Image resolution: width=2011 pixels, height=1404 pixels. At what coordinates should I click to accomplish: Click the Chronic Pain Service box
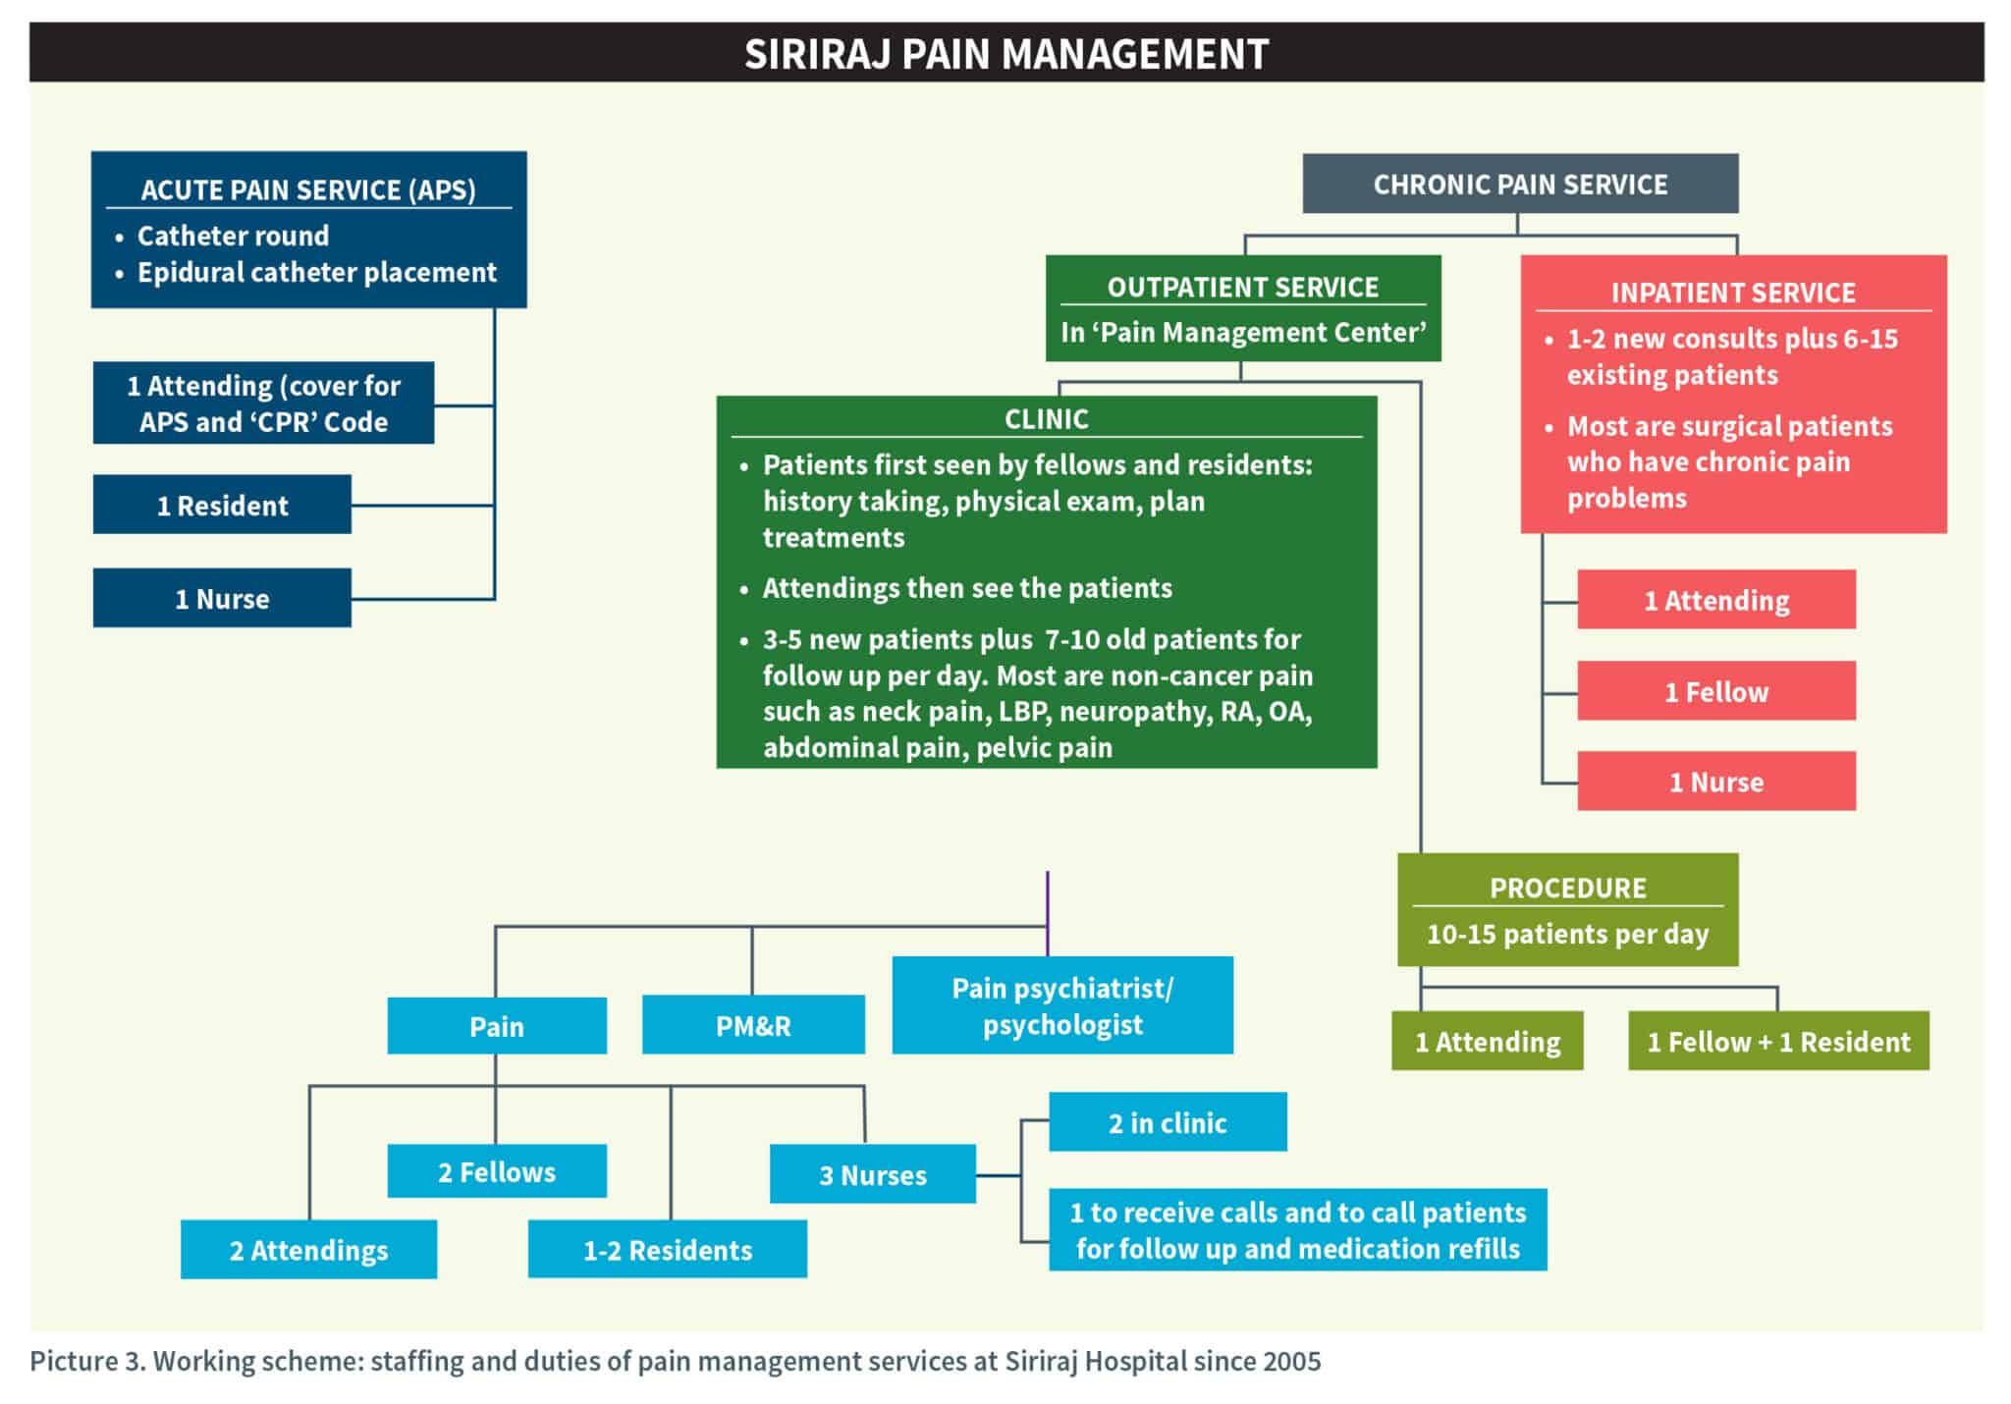click(x=1519, y=184)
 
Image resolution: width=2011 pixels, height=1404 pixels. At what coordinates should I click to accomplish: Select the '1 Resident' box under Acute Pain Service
click(x=222, y=505)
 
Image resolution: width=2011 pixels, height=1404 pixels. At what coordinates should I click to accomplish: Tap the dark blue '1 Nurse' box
click(x=222, y=598)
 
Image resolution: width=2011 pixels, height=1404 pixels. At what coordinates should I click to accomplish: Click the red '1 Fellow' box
click(x=1715, y=691)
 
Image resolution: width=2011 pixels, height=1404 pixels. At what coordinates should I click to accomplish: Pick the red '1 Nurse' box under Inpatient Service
click(x=1715, y=782)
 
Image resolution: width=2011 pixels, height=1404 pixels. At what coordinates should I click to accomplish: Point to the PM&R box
click(x=753, y=1025)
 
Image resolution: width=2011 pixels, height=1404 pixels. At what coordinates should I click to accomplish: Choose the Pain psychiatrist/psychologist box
click(x=1061, y=1005)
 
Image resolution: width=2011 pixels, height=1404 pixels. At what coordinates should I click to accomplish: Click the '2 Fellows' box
click(x=497, y=1171)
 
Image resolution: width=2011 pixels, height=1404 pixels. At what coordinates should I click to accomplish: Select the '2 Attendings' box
click(x=308, y=1250)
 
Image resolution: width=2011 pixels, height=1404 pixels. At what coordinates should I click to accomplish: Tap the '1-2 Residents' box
click(x=668, y=1250)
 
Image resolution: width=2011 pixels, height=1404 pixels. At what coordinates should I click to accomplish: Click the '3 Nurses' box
click(x=872, y=1174)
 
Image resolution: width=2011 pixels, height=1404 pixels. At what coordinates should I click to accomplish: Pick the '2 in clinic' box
click(x=1167, y=1122)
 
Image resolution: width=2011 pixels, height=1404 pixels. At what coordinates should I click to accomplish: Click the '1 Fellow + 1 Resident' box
click(x=1777, y=1041)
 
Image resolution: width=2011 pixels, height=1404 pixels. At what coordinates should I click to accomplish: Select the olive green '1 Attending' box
click(x=1487, y=1041)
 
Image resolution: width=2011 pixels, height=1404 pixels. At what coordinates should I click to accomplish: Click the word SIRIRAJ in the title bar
click(x=817, y=54)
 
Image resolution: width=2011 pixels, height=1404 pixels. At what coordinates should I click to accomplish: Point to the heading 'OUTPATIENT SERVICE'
click(x=1242, y=287)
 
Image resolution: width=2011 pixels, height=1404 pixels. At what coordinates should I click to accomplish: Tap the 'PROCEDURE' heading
click(x=1567, y=888)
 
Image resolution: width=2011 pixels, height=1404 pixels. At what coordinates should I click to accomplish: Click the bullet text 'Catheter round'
click(x=233, y=236)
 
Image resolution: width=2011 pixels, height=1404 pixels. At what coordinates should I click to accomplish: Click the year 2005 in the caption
click(x=1291, y=1361)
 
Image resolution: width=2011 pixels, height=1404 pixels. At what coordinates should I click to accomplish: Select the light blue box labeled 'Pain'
click(x=497, y=1026)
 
